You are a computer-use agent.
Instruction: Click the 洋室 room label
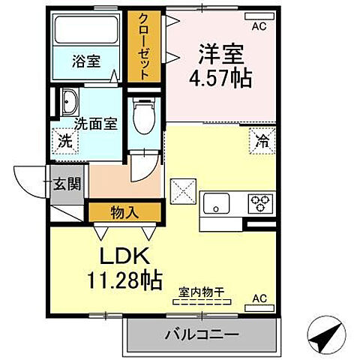pyautogui.click(x=221, y=54)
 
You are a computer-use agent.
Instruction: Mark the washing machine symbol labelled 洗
pyautogui.click(x=65, y=140)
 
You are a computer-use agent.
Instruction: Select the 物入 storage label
pyautogui.click(x=125, y=212)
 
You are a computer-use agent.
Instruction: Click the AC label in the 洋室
pyautogui.click(x=259, y=27)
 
